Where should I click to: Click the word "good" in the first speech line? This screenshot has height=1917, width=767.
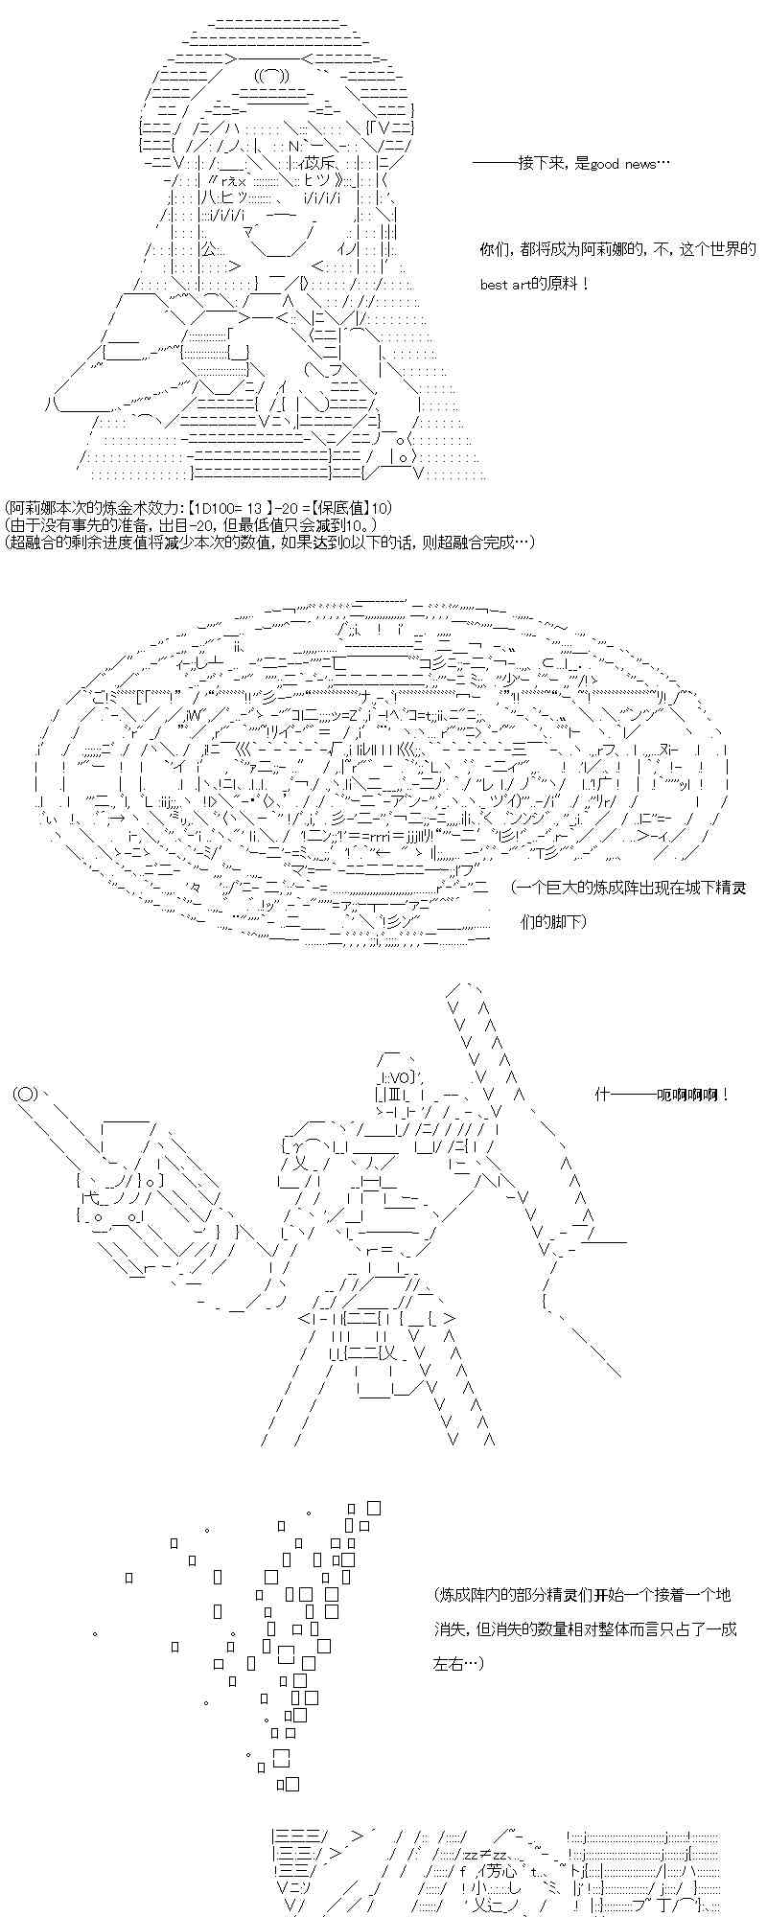coord(606,164)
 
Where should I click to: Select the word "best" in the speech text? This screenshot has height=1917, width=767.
coord(494,285)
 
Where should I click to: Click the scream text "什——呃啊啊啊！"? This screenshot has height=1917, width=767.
coord(662,1095)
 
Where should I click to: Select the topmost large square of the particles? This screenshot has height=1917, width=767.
coord(374,1508)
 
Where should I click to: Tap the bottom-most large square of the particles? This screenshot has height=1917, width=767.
coord(291,1784)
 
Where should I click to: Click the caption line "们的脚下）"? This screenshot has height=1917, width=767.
coord(553,921)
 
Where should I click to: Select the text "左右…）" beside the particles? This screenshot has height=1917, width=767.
coord(459,1663)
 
